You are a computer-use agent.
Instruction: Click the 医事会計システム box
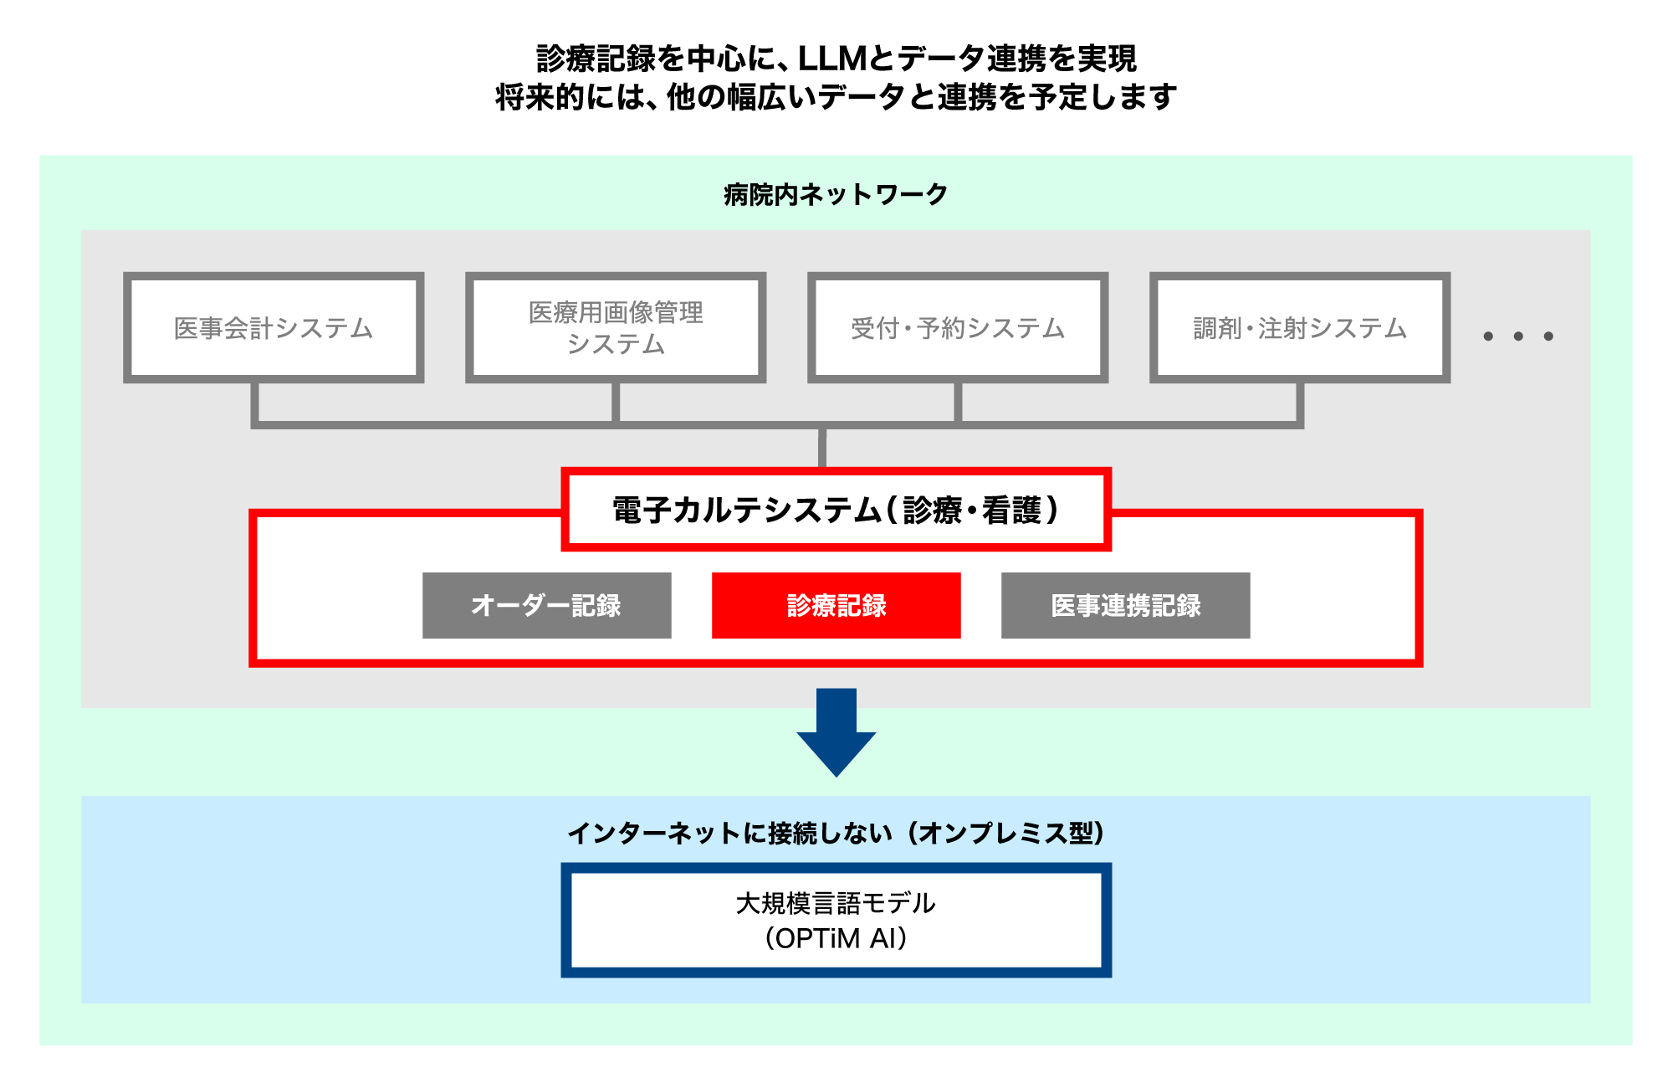(x=274, y=327)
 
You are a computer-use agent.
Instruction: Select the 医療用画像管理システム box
(x=616, y=327)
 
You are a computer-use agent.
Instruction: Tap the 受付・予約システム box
(x=958, y=327)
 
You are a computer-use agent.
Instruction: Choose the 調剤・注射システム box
(x=1300, y=327)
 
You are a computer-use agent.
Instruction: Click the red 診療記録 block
(x=836, y=605)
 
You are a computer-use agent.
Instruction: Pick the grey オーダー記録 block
(x=546, y=605)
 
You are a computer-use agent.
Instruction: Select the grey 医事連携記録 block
(x=1125, y=605)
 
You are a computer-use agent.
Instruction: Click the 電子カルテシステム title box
(x=836, y=509)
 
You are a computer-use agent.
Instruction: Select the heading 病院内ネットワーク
(x=836, y=194)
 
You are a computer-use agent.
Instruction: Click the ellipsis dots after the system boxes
(x=1518, y=336)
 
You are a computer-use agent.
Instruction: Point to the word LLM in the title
(x=832, y=59)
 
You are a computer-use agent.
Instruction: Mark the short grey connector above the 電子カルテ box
(x=822, y=449)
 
